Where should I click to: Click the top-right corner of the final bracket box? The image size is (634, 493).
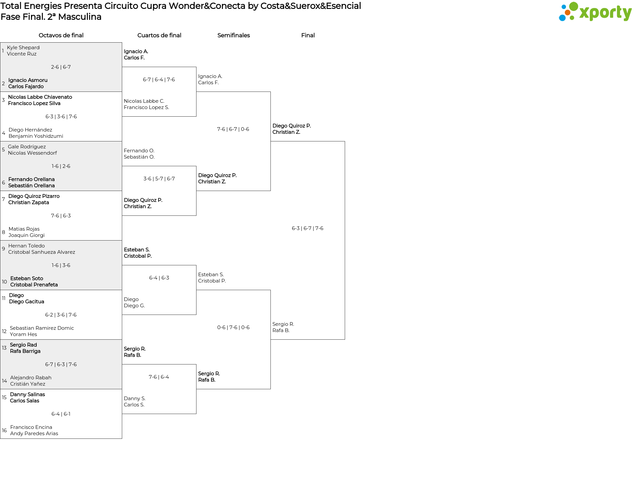click(x=345, y=141)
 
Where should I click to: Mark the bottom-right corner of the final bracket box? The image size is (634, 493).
click(x=345, y=339)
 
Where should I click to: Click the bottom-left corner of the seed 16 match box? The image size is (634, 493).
click(x=0, y=438)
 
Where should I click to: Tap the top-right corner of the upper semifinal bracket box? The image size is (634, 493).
click(x=270, y=92)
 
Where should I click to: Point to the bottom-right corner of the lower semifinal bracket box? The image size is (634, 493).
click(x=270, y=389)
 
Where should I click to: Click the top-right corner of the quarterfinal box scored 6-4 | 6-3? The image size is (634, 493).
click(x=196, y=265)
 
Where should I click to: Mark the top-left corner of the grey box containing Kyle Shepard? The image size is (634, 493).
click(x=0, y=43)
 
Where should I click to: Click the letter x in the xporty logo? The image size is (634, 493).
click(x=585, y=13)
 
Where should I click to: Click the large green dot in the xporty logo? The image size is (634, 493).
click(x=574, y=6)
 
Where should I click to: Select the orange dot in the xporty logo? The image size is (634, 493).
click(x=568, y=13)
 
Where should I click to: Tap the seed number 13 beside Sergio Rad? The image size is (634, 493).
click(x=4, y=348)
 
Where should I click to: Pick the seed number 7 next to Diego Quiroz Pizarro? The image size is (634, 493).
click(x=3, y=199)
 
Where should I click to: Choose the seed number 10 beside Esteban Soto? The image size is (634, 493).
click(x=4, y=282)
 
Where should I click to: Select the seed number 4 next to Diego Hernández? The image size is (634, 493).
click(x=4, y=133)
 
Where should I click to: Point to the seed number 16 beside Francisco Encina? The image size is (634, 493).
click(x=4, y=431)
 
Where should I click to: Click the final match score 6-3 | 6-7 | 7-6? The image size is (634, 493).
click(x=307, y=228)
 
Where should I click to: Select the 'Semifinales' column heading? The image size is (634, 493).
click(x=233, y=35)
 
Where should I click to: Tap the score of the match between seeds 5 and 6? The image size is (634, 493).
click(x=61, y=166)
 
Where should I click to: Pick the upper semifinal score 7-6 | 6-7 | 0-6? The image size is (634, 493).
click(x=233, y=129)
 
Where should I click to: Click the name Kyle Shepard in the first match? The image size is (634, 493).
click(x=23, y=48)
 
